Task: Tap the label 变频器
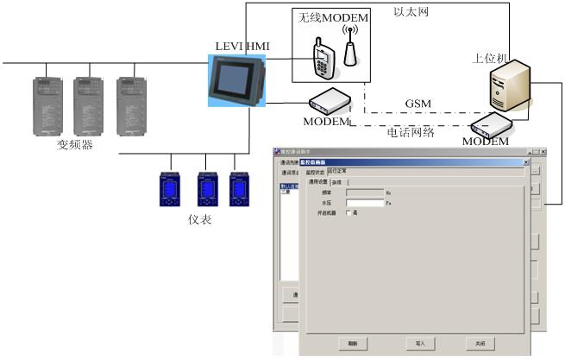pos(75,144)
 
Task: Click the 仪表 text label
pos(200,220)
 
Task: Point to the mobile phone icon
pos(323,56)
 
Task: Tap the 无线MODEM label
pos(333,19)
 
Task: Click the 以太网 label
pos(411,13)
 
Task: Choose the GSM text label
pos(417,104)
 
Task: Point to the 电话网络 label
pos(410,132)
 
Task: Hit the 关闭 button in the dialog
pos(480,343)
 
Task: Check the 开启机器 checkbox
pos(348,212)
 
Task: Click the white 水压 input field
pos(364,203)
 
